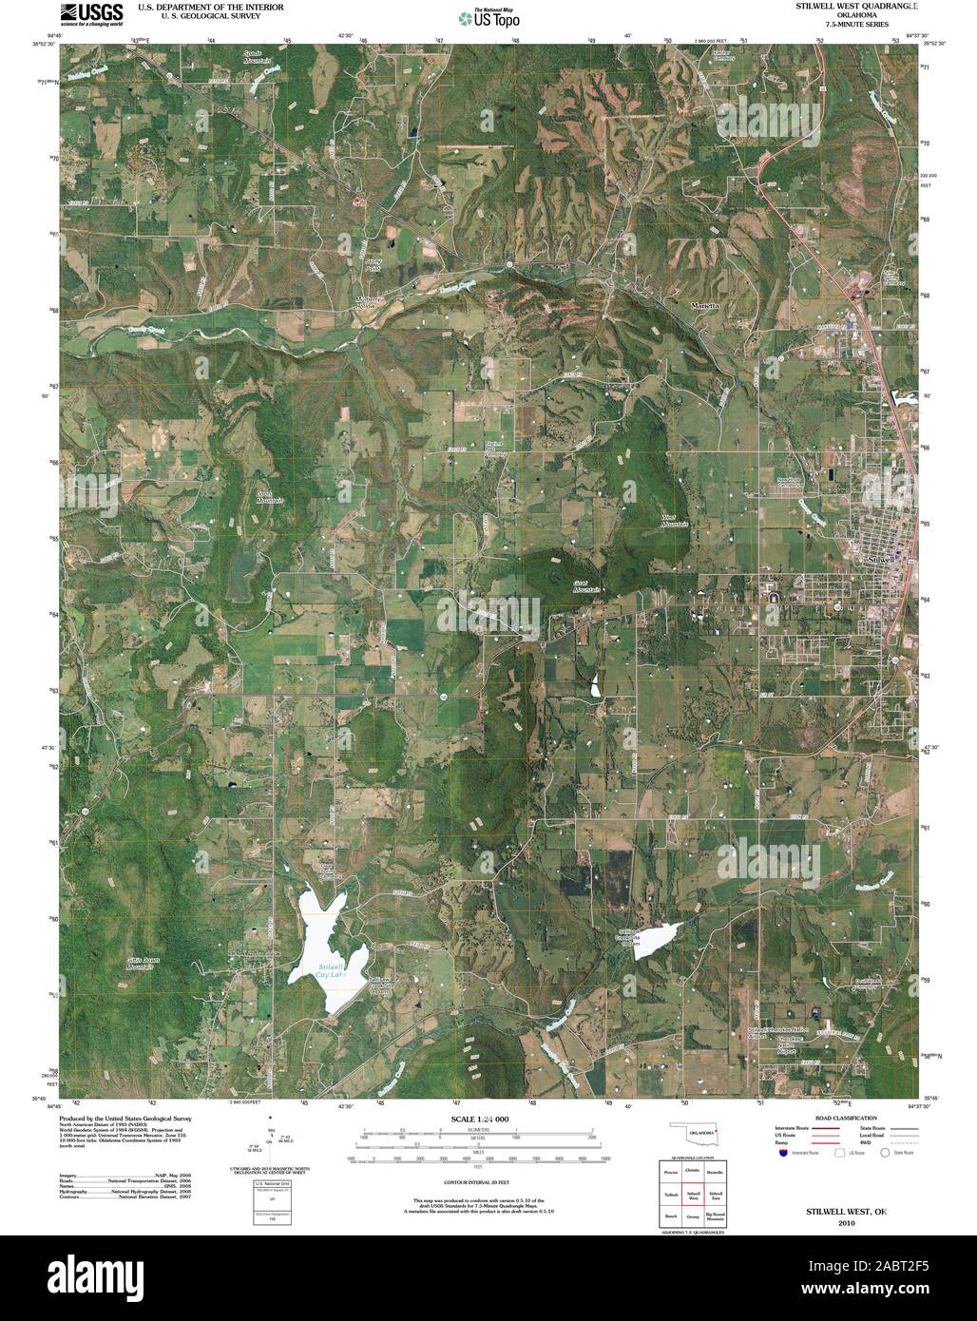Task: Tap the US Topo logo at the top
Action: click(x=488, y=17)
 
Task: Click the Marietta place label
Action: click(x=705, y=306)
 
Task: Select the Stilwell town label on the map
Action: click(x=883, y=560)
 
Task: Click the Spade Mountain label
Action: click(x=252, y=56)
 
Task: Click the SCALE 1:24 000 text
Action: click(x=481, y=1120)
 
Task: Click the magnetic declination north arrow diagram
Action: click(x=272, y=1136)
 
